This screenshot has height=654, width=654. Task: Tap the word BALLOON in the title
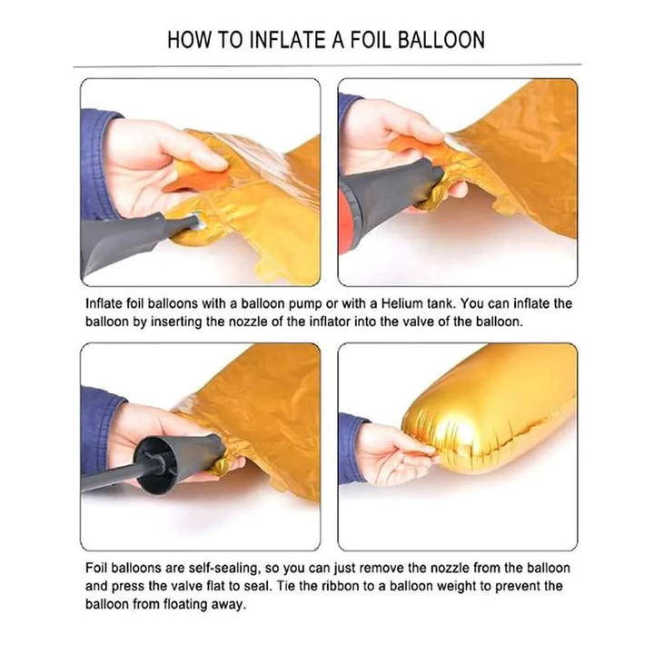click(441, 40)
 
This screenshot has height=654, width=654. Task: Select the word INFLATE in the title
click(287, 40)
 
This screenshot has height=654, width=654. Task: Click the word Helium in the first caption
click(402, 303)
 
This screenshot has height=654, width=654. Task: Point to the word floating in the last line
click(186, 604)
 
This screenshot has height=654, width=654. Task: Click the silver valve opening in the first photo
click(196, 221)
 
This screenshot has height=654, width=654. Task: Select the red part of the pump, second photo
click(346, 221)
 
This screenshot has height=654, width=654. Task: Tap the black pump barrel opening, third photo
click(156, 464)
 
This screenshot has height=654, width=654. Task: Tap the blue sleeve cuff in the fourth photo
click(352, 449)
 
